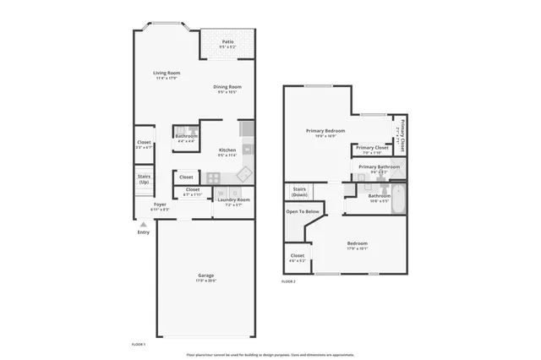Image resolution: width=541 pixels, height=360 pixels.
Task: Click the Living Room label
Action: click(x=166, y=74)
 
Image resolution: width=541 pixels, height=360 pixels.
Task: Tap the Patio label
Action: click(x=228, y=41)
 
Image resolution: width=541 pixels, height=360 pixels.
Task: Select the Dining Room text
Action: click(x=227, y=87)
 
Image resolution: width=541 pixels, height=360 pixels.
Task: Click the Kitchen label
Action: click(x=227, y=150)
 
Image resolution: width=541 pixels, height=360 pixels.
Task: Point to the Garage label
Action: click(x=206, y=275)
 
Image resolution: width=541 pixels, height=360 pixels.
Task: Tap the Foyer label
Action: click(x=160, y=205)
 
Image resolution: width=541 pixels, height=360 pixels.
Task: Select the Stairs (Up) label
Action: click(x=144, y=179)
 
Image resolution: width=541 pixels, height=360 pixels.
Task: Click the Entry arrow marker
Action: click(x=143, y=225)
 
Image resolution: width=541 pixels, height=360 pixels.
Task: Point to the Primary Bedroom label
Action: click(x=325, y=131)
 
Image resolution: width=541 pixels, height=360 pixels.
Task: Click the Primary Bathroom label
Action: click(x=378, y=167)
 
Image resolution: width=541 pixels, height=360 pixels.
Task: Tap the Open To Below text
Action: click(x=302, y=211)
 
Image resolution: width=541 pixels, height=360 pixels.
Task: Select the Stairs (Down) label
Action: click(x=299, y=191)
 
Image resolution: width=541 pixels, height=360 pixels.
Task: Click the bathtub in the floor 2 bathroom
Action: click(x=398, y=203)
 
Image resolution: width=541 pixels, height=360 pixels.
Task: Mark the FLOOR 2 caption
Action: click(x=288, y=281)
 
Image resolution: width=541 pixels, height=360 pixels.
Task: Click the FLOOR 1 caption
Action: click(x=139, y=345)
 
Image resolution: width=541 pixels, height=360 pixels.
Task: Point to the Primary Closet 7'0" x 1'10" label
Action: click(x=372, y=149)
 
